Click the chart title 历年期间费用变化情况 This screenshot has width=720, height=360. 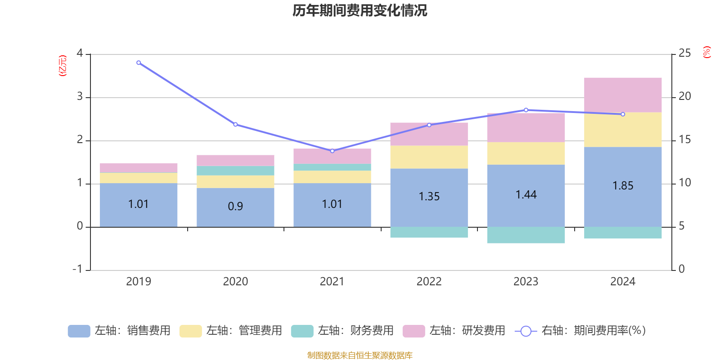[x=360, y=10]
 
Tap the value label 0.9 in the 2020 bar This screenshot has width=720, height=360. [x=235, y=206]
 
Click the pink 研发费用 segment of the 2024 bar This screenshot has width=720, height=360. [x=623, y=95]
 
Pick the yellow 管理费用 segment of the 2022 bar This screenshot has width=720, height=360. [x=429, y=157]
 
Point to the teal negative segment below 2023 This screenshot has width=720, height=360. [x=526, y=235]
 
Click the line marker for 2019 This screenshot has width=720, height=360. [x=139, y=63]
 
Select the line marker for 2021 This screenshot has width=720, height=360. [x=332, y=151]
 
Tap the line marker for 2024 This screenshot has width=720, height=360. [x=623, y=114]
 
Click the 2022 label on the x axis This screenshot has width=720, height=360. [x=429, y=282]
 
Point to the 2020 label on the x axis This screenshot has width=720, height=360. [x=235, y=282]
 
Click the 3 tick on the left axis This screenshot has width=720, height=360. [x=80, y=97]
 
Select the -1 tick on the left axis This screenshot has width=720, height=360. [x=77, y=269]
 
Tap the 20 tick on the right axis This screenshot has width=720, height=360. [x=684, y=97]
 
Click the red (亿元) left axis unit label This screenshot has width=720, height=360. [x=63, y=66]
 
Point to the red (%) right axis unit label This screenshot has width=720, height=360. [x=706, y=52]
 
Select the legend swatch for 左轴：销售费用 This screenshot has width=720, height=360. [x=79, y=331]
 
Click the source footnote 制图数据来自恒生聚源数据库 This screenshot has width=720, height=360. [x=360, y=355]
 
